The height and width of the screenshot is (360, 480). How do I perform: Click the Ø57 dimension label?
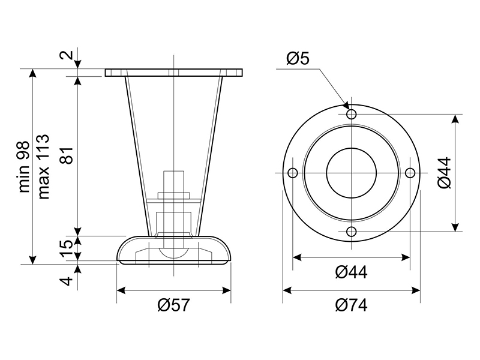click(173, 305)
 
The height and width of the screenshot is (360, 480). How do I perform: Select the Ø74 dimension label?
click(351, 305)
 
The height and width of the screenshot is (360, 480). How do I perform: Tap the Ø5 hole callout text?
click(298, 58)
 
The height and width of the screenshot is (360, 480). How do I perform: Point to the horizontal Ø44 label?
click(351, 272)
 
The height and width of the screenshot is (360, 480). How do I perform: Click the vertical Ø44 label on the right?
click(445, 173)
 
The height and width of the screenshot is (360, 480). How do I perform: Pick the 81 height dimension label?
click(67, 155)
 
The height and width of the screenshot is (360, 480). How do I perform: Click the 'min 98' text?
click(24, 167)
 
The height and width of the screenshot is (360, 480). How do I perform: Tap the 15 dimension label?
click(67, 248)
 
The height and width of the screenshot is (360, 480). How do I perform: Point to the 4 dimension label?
click(67, 280)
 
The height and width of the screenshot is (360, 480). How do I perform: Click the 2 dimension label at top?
click(67, 55)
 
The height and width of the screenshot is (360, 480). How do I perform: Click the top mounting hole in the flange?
click(352, 114)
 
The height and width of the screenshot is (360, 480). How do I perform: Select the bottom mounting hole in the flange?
click(352, 232)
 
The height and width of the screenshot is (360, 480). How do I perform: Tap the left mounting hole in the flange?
click(293, 173)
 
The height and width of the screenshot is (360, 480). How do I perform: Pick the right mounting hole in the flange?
click(410, 173)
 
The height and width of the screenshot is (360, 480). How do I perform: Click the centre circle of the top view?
click(352, 173)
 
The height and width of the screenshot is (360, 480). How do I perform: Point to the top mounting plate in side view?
click(174, 73)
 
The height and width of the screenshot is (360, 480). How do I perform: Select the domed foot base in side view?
click(174, 250)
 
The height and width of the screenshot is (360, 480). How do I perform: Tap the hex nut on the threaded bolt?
click(173, 196)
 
